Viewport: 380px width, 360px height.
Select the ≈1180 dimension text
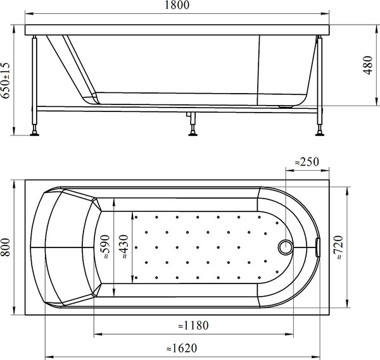[194, 325]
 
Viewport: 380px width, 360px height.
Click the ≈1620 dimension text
[180, 348]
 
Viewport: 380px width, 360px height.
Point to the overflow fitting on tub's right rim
[319, 247]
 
